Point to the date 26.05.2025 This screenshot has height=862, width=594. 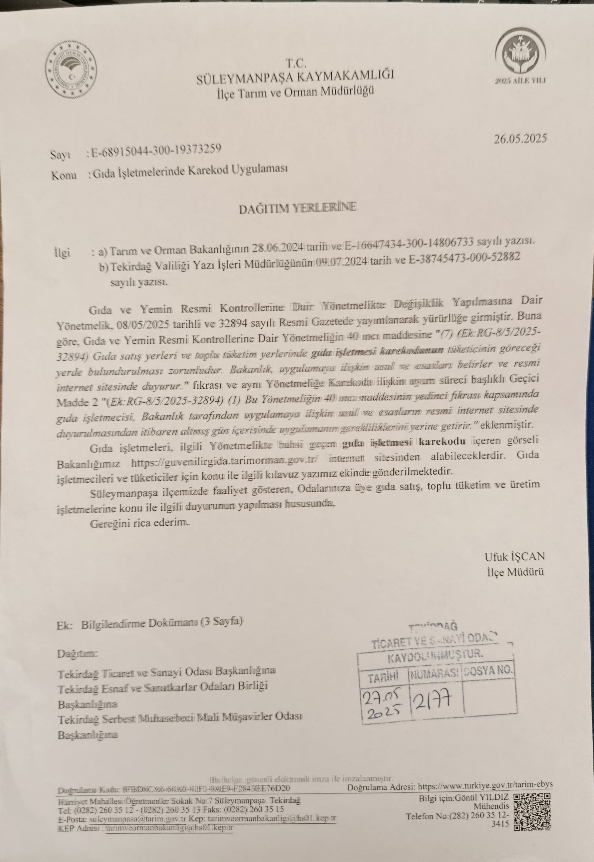520,139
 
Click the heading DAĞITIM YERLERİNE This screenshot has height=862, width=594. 297,208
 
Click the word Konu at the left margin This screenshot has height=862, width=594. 64,175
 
